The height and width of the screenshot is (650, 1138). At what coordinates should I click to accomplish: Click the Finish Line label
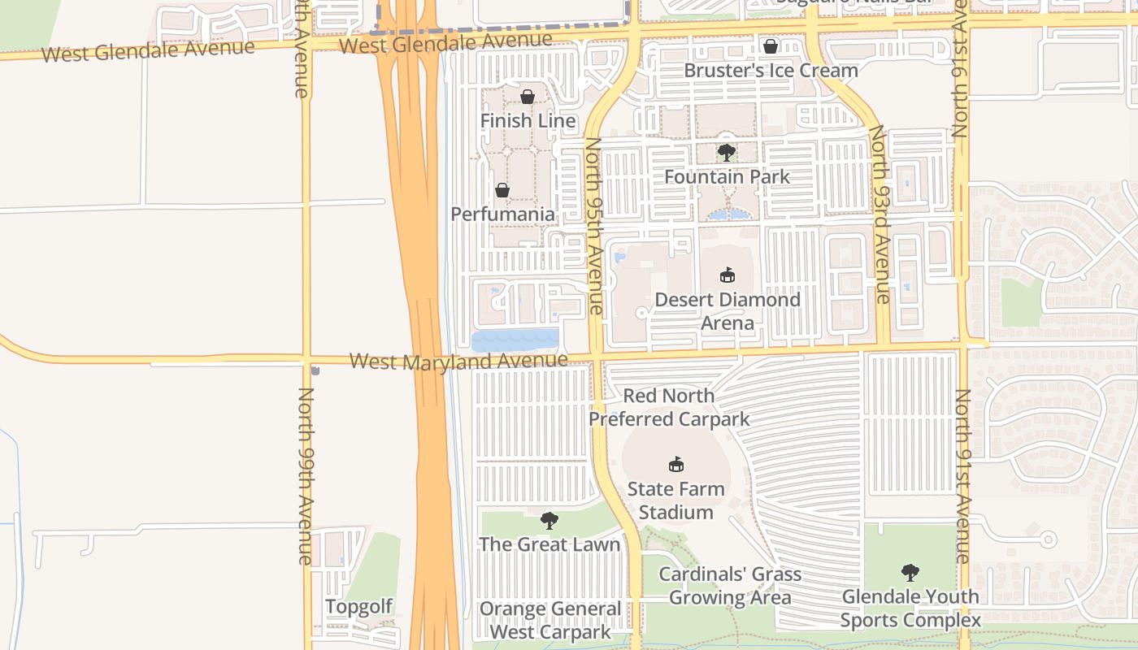[x=528, y=121]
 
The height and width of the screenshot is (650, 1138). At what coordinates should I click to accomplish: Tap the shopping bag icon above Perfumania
[x=502, y=190]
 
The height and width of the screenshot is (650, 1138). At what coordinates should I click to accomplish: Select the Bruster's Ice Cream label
[x=771, y=70]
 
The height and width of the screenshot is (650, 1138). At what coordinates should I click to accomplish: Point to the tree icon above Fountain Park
[x=727, y=152]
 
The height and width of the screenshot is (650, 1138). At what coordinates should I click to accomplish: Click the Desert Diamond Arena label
[x=728, y=311]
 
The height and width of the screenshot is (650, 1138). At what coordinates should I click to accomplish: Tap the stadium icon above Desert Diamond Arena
[x=728, y=275]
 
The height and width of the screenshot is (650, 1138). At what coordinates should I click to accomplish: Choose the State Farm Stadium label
[x=675, y=500]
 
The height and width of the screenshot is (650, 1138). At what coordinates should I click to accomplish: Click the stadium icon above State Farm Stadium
[x=675, y=464]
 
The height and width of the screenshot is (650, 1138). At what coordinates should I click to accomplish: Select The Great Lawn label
[x=549, y=544]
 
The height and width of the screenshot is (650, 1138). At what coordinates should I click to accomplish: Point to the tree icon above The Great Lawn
[x=549, y=520]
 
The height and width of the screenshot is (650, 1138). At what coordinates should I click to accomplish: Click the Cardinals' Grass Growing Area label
[x=729, y=586]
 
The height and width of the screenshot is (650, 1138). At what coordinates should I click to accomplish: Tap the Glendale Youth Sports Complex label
[x=910, y=609]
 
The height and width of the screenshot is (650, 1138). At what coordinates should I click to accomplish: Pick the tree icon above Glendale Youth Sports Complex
[x=910, y=572]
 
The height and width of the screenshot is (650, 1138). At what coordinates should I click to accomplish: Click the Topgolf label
[x=358, y=606]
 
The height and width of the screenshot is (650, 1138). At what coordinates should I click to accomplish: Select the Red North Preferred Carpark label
[x=669, y=407]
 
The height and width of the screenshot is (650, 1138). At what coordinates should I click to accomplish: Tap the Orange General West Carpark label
[x=550, y=620]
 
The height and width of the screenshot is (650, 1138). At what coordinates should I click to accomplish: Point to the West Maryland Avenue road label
[x=458, y=361]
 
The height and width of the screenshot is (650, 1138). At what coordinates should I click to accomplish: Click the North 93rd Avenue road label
[x=880, y=214]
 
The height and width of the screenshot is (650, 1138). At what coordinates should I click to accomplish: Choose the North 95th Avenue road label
[x=595, y=225]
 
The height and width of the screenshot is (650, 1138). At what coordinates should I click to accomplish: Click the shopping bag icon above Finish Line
[x=528, y=97]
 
